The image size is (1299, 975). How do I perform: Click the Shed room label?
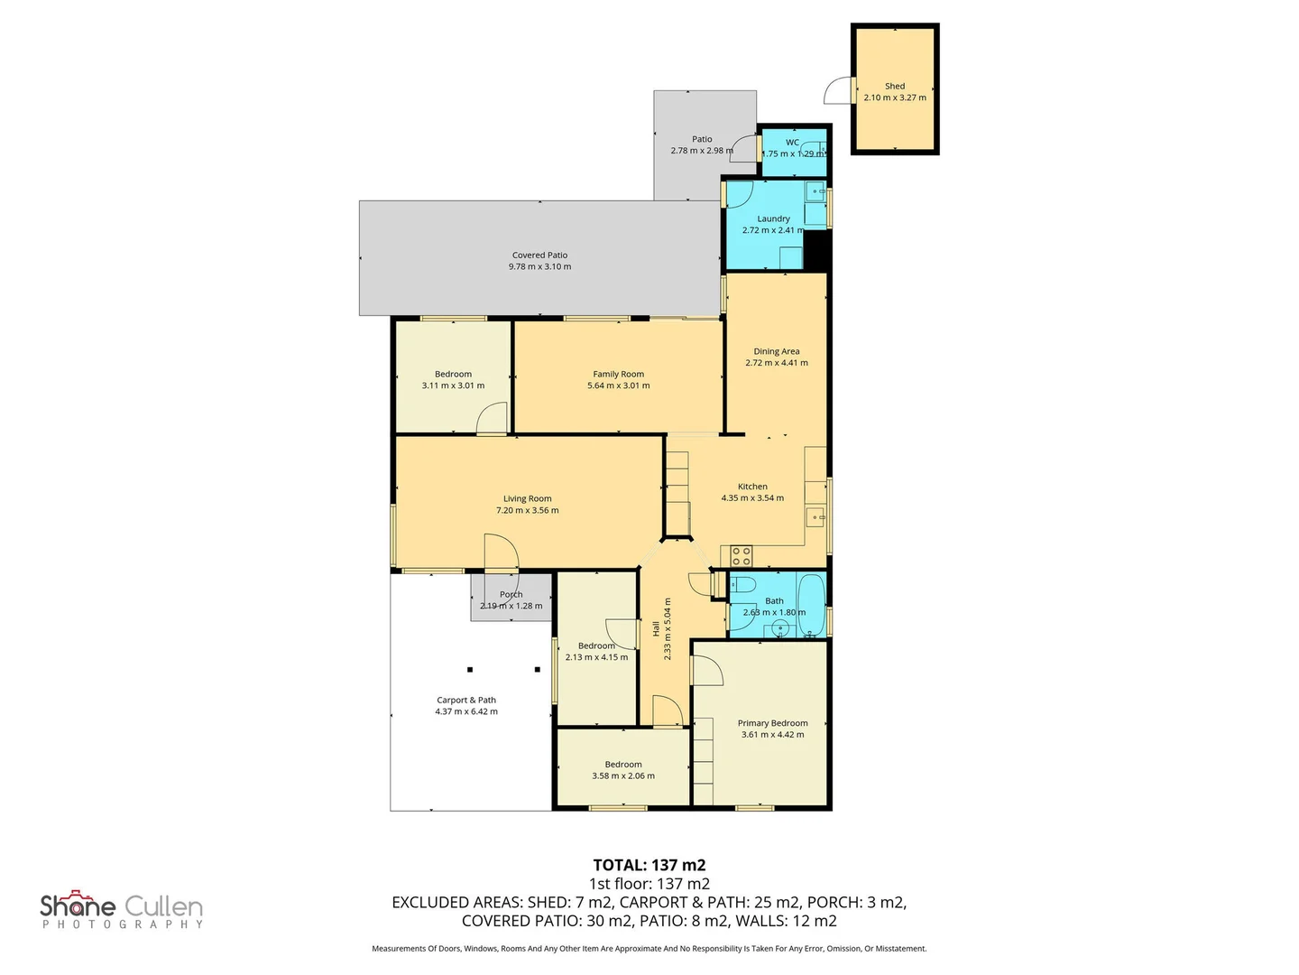894,86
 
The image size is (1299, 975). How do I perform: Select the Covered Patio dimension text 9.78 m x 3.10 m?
539,266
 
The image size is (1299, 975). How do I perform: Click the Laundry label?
773,218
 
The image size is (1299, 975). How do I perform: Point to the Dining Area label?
776,351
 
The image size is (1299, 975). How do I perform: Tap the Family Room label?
619,374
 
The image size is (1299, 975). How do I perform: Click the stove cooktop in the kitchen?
741,556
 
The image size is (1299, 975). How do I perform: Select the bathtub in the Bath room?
811,605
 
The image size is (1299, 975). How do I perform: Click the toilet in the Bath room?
742,585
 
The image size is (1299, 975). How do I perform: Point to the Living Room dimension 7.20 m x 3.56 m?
527,510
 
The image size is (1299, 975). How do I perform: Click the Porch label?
511,594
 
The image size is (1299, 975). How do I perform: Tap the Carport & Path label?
465,700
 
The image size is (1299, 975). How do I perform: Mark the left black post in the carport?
469,670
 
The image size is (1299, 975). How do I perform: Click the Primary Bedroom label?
772,723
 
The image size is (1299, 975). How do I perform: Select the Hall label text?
656,628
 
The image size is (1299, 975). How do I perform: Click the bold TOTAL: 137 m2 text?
649,865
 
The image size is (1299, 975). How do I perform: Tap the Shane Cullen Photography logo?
121,909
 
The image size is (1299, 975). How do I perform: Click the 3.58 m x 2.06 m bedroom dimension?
623,775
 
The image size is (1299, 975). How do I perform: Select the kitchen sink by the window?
815,518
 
